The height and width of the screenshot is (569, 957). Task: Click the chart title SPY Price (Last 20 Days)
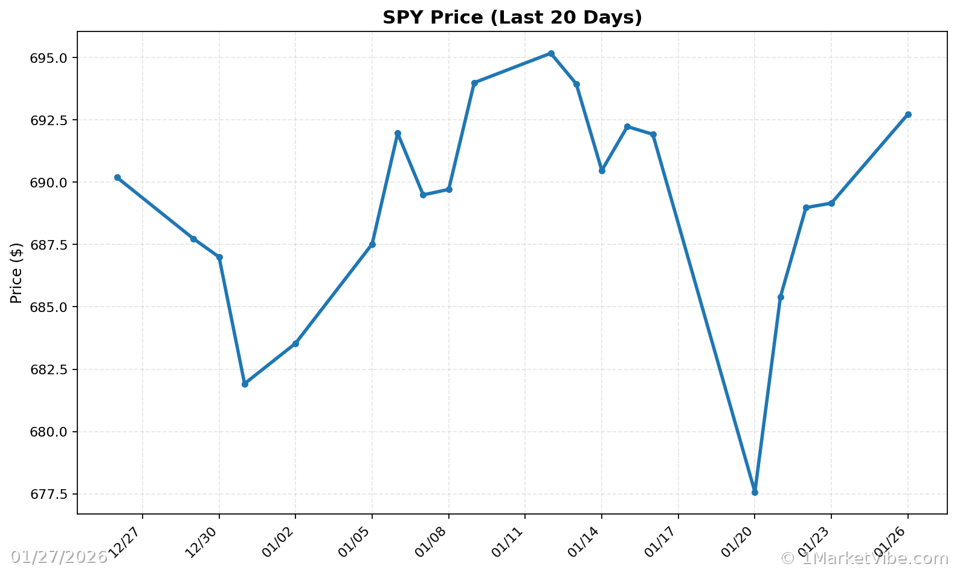[512, 18]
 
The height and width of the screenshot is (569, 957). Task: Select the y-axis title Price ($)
[16, 273]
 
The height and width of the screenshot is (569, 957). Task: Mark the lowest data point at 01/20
[755, 492]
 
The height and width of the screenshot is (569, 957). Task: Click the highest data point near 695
[551, 53]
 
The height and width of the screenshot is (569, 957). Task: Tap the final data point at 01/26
[908, 114]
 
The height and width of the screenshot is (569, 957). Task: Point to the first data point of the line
[117, 177]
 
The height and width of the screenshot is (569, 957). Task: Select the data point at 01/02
[295, 343]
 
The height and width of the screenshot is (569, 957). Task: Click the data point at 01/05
[372, 244]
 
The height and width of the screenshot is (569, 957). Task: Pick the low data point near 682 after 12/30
[245, 384]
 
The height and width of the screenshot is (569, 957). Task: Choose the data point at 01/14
[602, 171]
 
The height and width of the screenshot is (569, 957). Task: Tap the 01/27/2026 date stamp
[59, 557]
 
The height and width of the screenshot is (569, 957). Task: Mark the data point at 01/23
[831, 203]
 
